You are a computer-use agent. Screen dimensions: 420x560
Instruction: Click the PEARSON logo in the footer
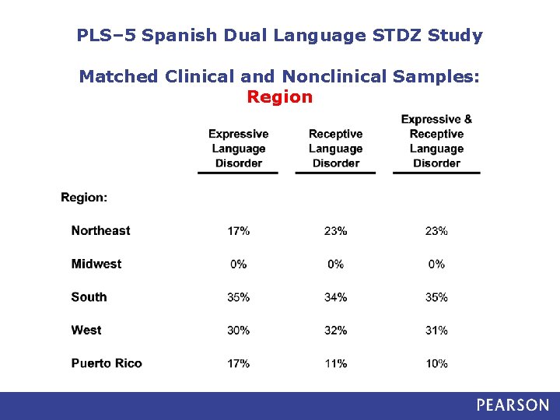(x=513, y=405)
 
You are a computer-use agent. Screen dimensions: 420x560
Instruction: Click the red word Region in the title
(x=279, y=97)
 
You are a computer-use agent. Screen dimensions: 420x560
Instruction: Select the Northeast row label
(x=100, y=230)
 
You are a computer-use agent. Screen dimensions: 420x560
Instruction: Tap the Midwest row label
(x=96, y=264)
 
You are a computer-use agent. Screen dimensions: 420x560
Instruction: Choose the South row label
(x=89, y=297)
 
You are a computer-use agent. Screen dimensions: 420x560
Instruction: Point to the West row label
(x=86, y=330)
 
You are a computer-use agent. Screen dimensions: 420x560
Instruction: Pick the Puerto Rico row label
(x=107, y=363)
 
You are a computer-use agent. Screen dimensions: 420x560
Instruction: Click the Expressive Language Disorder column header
(x=238, y=149)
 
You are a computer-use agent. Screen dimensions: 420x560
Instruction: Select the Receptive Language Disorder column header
(x=335, y=149)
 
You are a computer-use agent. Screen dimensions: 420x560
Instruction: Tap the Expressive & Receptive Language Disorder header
(x=436, y=141)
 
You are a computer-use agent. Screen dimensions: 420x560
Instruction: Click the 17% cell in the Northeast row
(x=238, y=231)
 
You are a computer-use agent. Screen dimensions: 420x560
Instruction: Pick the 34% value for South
(x=335, y=297)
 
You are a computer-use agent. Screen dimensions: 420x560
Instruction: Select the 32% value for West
(x=335, y=331)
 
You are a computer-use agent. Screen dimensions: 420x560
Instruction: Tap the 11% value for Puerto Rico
(x=335, y=363)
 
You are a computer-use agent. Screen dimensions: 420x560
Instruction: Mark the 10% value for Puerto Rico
(x=436, y=363)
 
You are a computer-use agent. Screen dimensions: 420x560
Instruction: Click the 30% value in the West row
(x=238, y=331)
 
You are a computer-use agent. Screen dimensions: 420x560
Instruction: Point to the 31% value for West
(x=436, y=331)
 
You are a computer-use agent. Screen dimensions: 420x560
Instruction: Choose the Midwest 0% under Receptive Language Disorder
(x=335, y=264)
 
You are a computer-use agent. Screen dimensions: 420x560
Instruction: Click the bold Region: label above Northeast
(x=84, y=198)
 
